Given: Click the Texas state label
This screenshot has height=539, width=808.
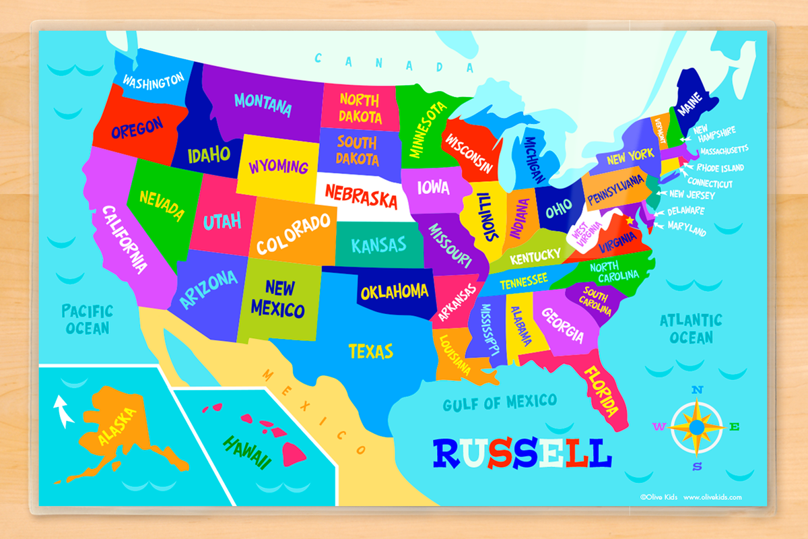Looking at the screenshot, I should (371, 351).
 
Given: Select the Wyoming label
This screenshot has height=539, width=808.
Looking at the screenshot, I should (278, 166).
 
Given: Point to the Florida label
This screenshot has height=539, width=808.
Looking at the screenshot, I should (601, 391).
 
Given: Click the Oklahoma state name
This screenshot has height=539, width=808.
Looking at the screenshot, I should (395, 292).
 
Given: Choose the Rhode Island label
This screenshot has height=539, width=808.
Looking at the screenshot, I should (720, 167).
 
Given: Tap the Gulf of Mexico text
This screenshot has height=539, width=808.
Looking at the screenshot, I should (500, 402).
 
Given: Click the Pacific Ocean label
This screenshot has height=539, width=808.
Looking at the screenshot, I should (87, 319).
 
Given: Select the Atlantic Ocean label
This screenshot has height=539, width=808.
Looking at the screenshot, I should (691, 328).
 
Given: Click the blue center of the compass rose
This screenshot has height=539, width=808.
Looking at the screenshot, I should (698, 426).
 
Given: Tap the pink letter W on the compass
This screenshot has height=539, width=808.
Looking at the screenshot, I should (659, 426).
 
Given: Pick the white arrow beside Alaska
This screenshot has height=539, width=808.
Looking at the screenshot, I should (63, 410).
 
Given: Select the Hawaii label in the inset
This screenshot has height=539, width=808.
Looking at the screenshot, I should (247, 451).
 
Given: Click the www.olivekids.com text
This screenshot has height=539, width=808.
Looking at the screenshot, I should (713, 497).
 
